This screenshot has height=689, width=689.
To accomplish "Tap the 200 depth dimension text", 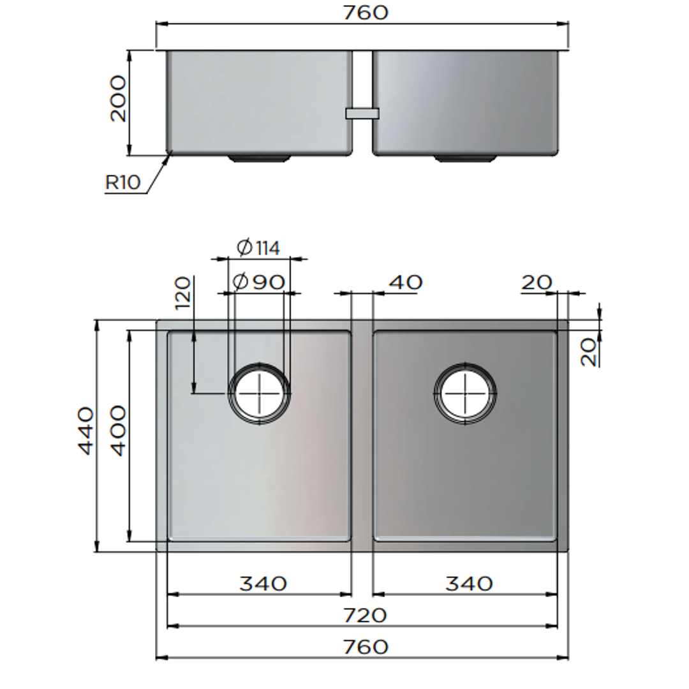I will (x=118, y=98).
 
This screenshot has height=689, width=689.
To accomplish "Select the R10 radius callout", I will (x=122, y=182).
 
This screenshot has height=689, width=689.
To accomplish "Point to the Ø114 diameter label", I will (x=258, y=248).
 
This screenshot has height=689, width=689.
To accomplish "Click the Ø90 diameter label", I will (x=258, y=281).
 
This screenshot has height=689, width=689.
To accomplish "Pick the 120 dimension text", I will (x=183, y=292).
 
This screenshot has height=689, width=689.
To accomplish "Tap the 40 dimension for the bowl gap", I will (x=405, y=282).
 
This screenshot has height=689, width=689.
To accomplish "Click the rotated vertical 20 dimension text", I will (x=591, y=352).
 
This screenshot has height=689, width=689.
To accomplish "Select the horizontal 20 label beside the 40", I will (x=537, y=282).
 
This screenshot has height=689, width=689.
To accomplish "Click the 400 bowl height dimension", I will (x=119, y=431).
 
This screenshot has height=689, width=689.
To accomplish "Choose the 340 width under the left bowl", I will (x=263, y=583).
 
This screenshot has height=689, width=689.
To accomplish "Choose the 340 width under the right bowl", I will (x=469, y=583).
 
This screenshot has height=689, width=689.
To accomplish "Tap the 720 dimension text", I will (x=365, y=616).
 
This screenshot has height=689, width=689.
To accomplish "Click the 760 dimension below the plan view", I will (x=365, y=647).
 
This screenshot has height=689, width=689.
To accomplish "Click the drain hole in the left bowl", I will (x=260, y=392).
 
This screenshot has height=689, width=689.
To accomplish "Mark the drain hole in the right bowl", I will (x=465, y=392).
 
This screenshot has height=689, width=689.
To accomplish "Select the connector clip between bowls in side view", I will (x=362, y=114).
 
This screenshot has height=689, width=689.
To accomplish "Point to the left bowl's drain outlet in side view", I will (x=260, y=158).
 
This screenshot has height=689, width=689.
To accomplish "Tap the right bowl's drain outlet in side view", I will (x=465, y=158).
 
